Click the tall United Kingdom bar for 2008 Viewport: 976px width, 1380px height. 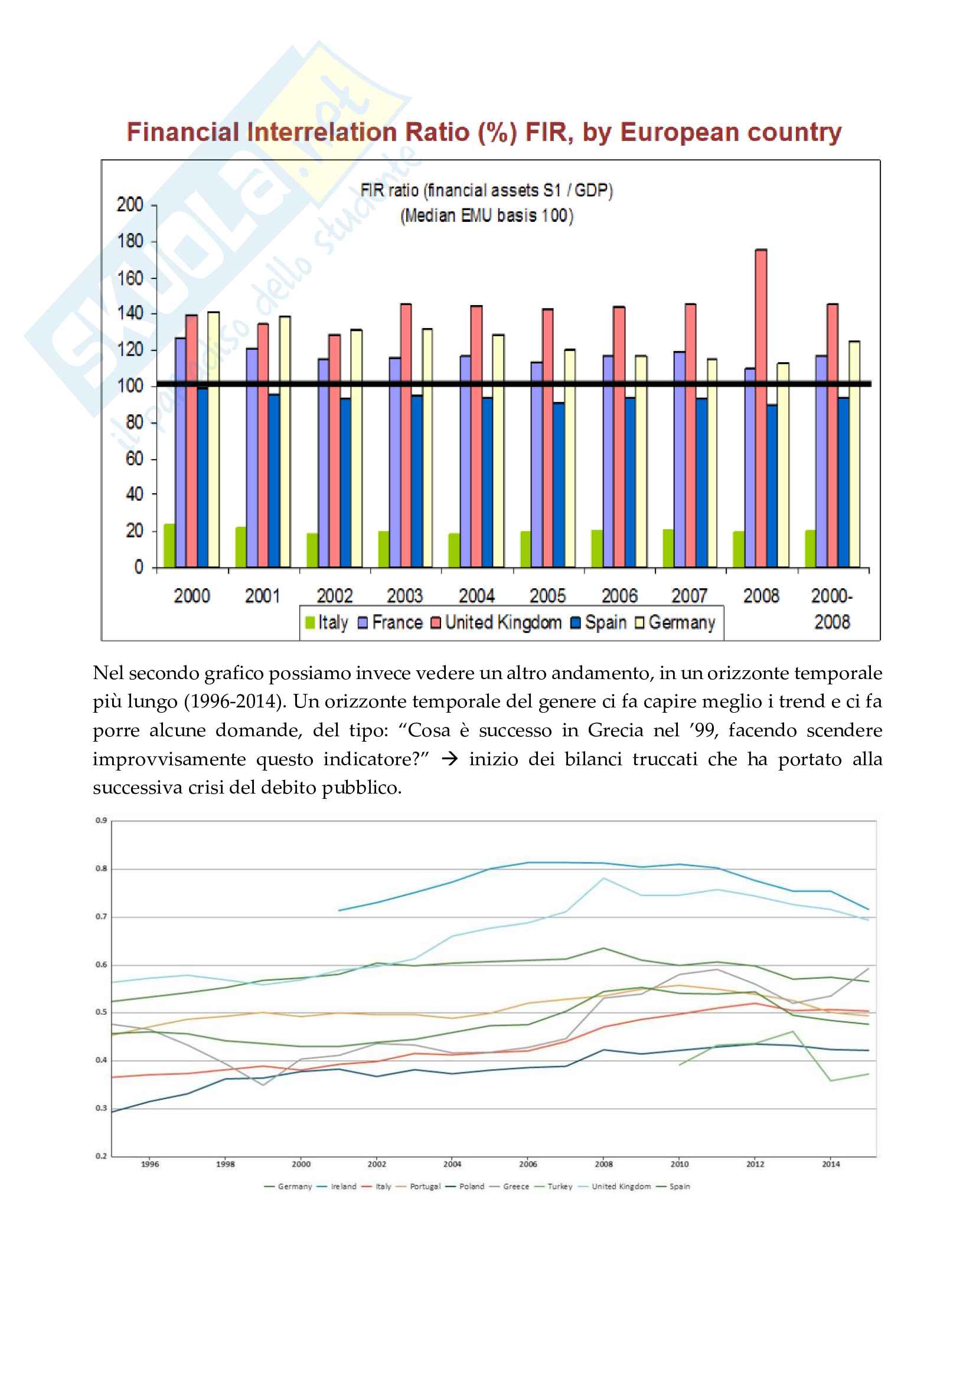click(760, 409)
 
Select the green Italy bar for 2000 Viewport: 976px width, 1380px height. click(169, 546)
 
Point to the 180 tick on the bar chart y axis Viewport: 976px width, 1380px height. click(130, 242)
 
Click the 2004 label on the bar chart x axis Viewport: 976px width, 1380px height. click(476, 596)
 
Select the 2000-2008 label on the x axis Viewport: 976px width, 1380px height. click(832, 608)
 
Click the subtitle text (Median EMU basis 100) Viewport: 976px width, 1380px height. click(487, 215)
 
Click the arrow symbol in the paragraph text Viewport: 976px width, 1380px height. click(449, 759)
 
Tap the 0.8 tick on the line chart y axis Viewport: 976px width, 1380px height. click(101, 868)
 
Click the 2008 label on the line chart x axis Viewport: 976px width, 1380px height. click(604, 1164)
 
